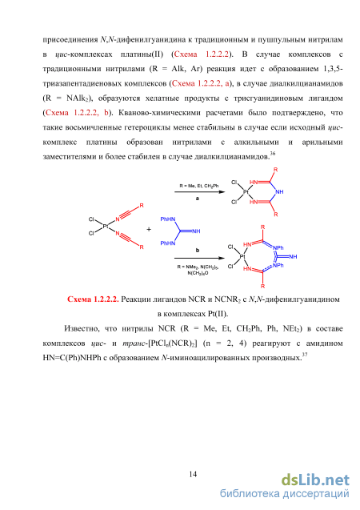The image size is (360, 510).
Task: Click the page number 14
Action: [x=193, y=474]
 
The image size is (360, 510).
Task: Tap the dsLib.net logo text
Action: [x=315, y=480]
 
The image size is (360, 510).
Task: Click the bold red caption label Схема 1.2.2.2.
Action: [x=93, y=299]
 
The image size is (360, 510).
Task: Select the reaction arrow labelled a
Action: [x=199, y=192]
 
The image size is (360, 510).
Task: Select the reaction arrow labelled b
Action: [x=199, y=258]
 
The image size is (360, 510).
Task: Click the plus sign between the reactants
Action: [x=149, y=229]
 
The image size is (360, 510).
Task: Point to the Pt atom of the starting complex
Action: [x=106, y=226]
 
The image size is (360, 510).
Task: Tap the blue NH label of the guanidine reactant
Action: [x=196, y=231]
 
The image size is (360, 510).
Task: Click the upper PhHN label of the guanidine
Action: [x=168, y=219]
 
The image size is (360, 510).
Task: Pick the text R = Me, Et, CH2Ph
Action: [x=199, y=186]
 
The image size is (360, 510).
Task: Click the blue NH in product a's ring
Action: [x=279, y=192]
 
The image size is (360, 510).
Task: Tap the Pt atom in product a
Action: [x=246, y=192]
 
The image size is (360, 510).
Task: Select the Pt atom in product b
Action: [x=242, y=257]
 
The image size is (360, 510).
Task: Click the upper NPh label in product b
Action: [x=278, y=248]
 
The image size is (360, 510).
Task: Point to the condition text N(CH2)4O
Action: [x=198, y=273]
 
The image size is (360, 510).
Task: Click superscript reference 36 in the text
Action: [x=273, y=153]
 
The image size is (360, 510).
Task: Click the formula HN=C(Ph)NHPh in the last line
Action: [x=74, y=358]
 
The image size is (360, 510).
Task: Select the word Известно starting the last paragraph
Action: [x=82, y=328]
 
